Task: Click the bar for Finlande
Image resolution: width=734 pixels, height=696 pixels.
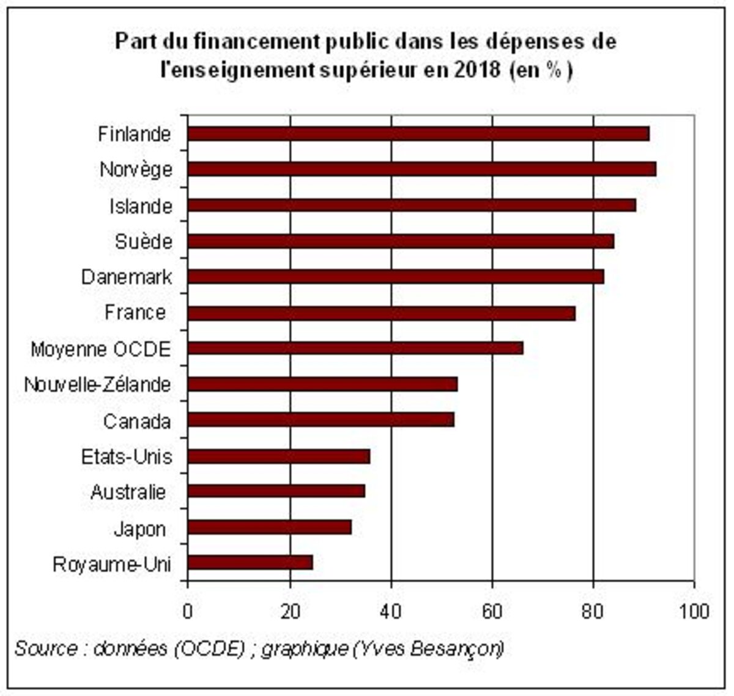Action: [418, 134]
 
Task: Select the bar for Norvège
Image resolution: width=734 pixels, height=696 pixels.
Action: [422, 169]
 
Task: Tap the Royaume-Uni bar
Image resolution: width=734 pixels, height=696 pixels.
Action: [250, 563]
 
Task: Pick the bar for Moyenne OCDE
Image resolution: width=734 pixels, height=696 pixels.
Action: [355, 348]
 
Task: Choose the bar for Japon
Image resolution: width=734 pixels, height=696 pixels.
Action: [270, 527]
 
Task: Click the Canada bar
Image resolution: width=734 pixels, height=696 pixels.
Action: [321, 420]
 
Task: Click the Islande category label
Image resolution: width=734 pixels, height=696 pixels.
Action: [141, 207]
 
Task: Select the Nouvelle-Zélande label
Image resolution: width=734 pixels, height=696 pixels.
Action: [98, 385]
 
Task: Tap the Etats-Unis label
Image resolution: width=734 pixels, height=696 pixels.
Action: [127, 456]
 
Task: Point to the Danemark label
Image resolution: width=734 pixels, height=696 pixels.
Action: [127, 277]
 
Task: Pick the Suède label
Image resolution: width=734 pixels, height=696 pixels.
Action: [144, 242]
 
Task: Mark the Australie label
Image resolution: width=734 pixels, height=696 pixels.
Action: [128, 492]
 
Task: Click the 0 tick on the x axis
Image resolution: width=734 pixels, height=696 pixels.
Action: [188, 610]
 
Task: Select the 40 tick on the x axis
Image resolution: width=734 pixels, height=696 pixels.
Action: [391, 610]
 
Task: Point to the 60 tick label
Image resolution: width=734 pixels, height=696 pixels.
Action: [492, 610]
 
